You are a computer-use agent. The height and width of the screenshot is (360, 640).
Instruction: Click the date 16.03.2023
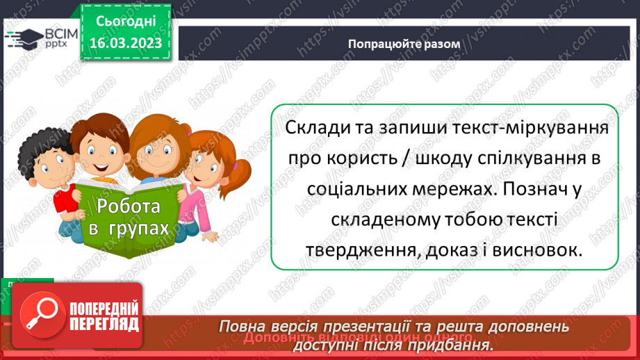pyautogui.click(x=125, y=44)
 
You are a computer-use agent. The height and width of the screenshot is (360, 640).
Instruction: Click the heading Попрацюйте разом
pyautogui.click(x=404, y=43)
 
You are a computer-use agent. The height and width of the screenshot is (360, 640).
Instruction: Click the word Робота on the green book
pyautogui.click(x=129, y=206)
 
